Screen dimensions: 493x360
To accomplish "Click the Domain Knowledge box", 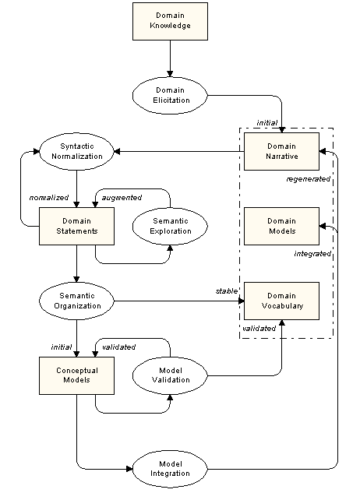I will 169,21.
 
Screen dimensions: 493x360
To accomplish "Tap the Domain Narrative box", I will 281,151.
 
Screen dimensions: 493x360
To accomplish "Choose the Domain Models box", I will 281,226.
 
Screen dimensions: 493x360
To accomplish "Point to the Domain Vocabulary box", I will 281,301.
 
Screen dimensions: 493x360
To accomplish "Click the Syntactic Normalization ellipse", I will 76,151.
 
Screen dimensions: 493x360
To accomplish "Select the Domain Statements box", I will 76,226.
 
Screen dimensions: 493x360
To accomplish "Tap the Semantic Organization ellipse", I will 76,301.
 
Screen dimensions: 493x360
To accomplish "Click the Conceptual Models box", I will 76,375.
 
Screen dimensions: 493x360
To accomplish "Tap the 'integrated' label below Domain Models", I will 312,253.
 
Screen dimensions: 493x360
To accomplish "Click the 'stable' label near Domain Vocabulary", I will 226,291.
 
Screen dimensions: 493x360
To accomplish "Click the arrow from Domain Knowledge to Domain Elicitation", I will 169,60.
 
